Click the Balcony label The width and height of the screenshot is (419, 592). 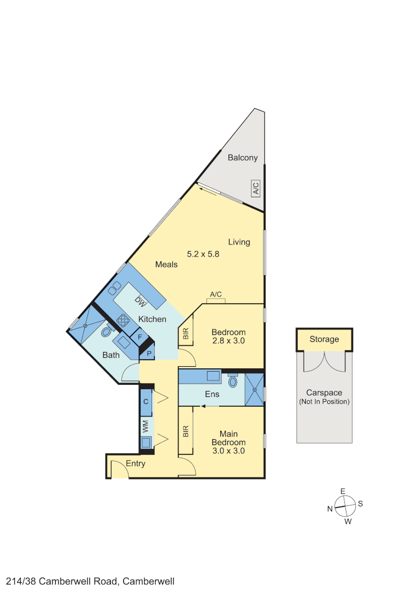pos(242,158)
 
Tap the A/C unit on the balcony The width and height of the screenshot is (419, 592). pos(255,189)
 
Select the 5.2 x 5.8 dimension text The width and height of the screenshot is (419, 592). pos(203,254)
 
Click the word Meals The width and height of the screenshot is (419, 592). pos(166,264)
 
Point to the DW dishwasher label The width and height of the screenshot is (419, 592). pos(141,301)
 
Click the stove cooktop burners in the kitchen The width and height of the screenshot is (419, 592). pos(123,321)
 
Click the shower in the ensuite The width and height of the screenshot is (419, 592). pos(254,389)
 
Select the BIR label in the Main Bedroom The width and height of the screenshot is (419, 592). pos(186,432)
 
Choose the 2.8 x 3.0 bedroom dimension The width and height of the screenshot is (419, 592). pos(228,341)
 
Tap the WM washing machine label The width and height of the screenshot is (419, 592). pos(146,425)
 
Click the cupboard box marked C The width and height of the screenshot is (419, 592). pos(146,401)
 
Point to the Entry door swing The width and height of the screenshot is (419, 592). pos(118,469)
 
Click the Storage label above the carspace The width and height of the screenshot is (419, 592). pos(324,339)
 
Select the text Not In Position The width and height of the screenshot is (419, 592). pos(324,402)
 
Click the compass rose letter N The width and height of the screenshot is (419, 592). pos(330,509)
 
